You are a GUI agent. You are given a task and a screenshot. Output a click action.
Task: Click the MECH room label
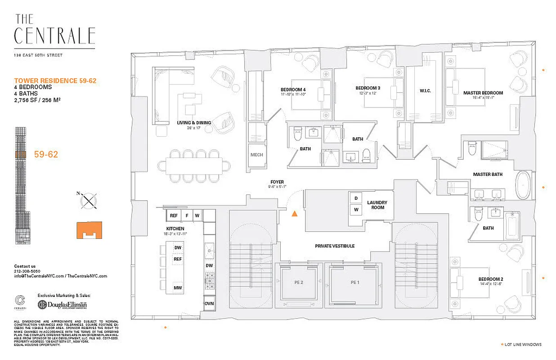[x=256, y=155]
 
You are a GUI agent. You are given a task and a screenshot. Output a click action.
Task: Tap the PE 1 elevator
[x=355, y=283]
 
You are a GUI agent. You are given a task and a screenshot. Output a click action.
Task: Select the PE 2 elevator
[x=299, y=283]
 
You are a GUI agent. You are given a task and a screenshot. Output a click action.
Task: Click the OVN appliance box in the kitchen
[x=209, y=304]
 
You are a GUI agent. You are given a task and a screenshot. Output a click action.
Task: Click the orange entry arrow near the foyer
[x=294, y=214]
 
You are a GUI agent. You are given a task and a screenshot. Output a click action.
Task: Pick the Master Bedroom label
[x=483, y=93]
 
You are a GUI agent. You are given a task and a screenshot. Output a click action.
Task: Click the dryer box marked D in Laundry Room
[x=356, y=198]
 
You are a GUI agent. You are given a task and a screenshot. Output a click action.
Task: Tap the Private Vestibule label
[x=334, y=246]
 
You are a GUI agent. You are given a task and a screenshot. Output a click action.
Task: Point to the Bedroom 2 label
[x=490, y=279]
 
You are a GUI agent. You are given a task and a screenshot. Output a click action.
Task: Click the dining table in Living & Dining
[x=194, y=165]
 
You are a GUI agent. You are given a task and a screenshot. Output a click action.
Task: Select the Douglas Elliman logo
[x=63, y=305]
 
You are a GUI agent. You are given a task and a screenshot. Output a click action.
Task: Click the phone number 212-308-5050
[x=27, y=271]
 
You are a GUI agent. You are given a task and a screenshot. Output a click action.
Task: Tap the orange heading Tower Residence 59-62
[x=55, y=81]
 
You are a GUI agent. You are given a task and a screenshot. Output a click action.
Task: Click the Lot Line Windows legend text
[x=523, y=345]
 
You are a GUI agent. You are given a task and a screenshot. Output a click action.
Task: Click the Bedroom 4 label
[x=293, y=89]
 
